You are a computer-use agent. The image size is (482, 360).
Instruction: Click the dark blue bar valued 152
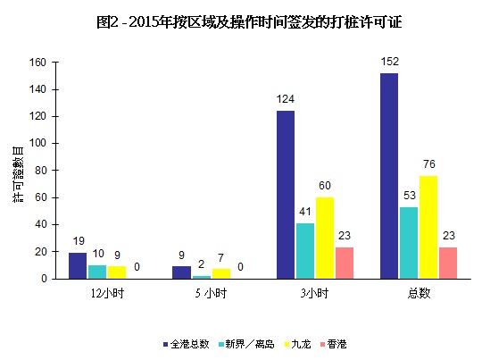[389, 176]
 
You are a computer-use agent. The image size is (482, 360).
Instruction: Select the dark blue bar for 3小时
[285, 195]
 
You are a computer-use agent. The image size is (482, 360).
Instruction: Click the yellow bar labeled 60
[326, 238]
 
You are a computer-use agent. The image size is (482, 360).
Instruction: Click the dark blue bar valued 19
[78, 265]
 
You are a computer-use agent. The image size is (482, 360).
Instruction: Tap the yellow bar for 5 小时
[222, 273]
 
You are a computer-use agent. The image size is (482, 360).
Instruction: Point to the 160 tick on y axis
[37, 63]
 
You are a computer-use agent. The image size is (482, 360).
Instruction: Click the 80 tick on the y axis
[40, 171]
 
